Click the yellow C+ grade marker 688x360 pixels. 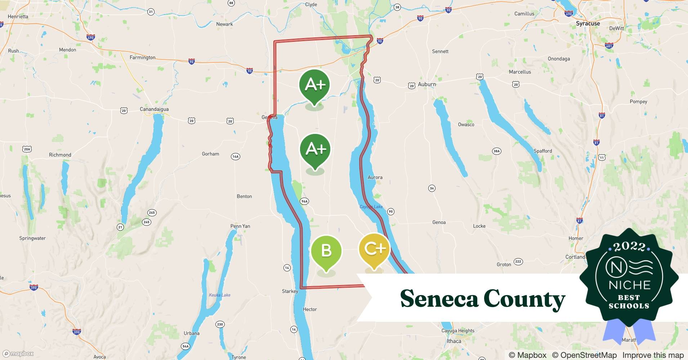tap(374, 249)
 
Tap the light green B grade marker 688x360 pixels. tap(326, 251)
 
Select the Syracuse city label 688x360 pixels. tap(588, 24)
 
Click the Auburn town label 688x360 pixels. tap(427, 84)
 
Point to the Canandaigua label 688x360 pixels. tap(154, 109)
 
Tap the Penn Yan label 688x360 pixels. tap(240, 226)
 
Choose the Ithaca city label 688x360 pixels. tap(454, 341)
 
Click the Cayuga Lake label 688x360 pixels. tap(371, 207)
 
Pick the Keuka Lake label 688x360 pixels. tap(220, 295)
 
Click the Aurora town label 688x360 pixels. tap(375, 177)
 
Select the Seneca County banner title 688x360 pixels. tap(483, 299)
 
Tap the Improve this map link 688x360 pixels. tap(653, 355)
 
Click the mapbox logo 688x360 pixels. tap(18, 354)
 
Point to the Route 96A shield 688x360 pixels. tap(304, 201)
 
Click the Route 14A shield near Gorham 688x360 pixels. tap(235, 156)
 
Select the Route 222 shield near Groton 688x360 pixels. tap(518, 261)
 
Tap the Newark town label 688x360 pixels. tap(224, 24)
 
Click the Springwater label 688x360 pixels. tap(32, 238)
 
